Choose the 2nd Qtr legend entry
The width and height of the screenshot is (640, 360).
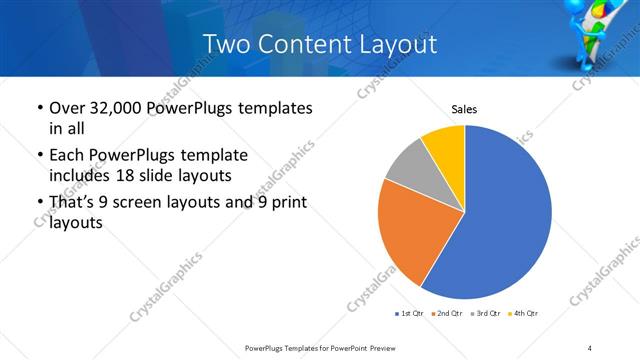pyautogui.click(x=445, y=314)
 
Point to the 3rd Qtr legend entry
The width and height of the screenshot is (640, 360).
pyautogui.click(x=484, y=314)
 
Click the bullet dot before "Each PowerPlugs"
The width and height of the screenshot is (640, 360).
pyautogui.click(x=39, y=156)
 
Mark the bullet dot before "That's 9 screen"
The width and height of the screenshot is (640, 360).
pyautogui.click(x=39, y=204)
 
